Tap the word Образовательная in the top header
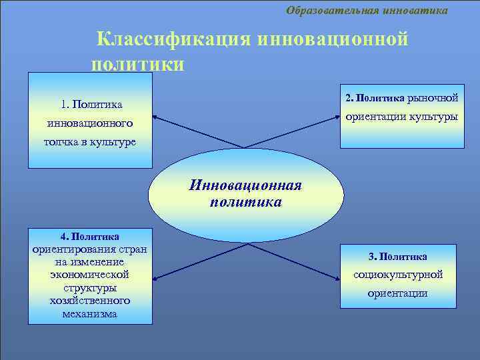coord(333,10)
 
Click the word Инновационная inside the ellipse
coord(245,185)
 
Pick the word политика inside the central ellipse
coord(245,201)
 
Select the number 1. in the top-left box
coord(65,104)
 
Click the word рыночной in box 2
coord(433,98)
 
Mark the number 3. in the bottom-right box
coord(372,256)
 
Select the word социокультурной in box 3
coord(398,274)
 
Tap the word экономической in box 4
coord(89,274)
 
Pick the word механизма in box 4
coord(90,313)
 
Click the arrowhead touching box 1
coord(157,118)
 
